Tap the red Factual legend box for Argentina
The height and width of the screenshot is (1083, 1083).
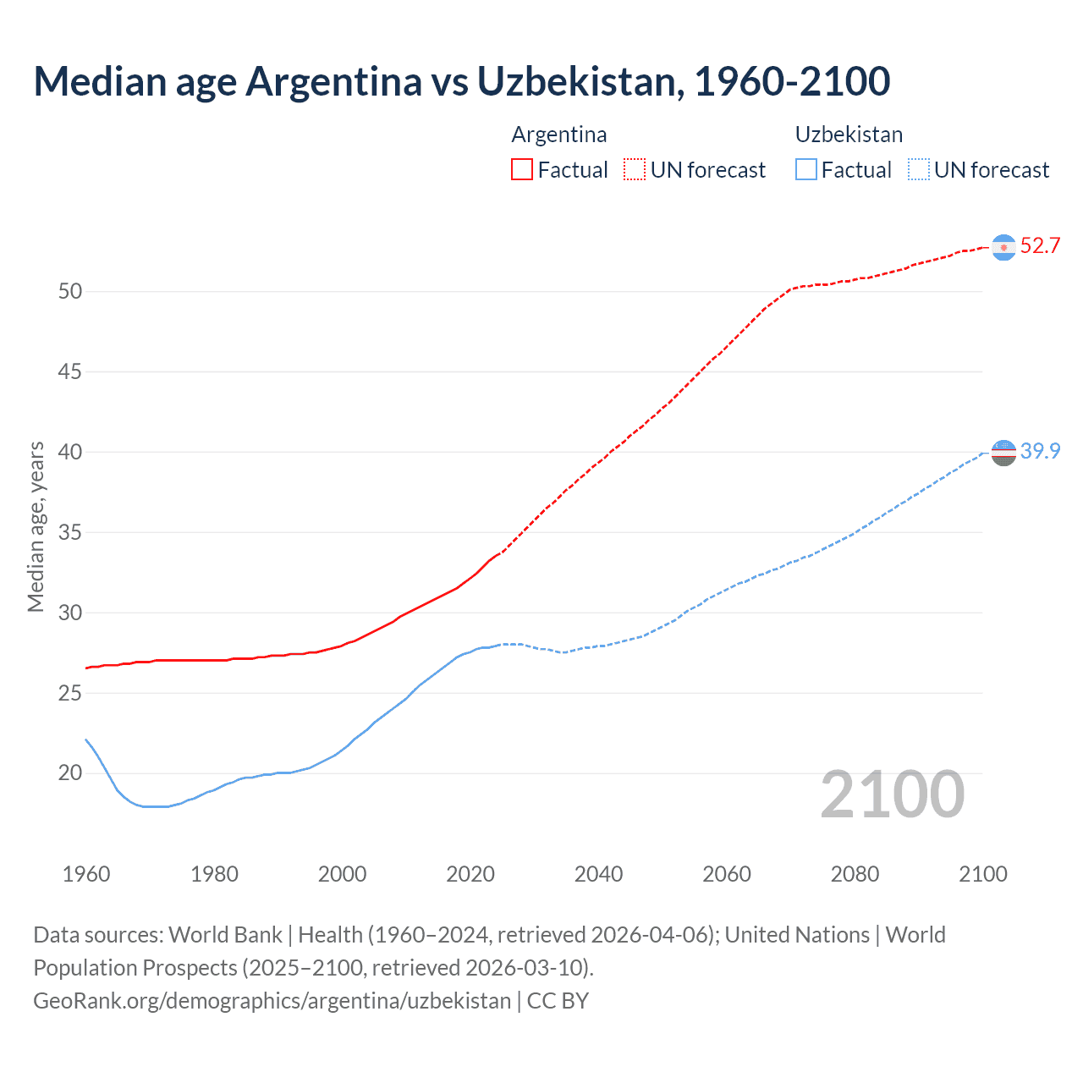tap(522, 169)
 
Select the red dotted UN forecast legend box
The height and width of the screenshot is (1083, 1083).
tap(635, 169)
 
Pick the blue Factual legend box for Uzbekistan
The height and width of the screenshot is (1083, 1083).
tap(805, 169)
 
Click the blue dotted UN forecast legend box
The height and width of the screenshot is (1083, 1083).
tap(918, 169)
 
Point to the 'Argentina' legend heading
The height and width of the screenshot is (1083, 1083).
tap(558, 135)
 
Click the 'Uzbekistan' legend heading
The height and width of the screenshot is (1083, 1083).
tap(849, 135)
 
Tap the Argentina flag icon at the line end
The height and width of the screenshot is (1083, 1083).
tap(1003, 247)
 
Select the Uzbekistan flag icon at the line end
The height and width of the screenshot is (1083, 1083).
tap(1003, 453)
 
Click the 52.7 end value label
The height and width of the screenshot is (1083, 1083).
tap(1040, 246)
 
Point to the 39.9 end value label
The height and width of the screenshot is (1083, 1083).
tap(1040, 452)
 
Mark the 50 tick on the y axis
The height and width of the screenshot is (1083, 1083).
tap(70, 291)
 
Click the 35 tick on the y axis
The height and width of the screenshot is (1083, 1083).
tap(70, 532)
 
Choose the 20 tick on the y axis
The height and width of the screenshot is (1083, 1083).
tap(70, 772)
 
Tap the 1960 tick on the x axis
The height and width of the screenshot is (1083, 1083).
tap(86, 874)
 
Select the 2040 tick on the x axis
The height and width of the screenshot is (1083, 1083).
tap(598, 874)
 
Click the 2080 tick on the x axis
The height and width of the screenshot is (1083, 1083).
tap(855, 874)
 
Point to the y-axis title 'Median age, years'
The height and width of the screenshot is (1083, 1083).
tap(36, 526)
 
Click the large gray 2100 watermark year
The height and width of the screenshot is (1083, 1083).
tap(892, 794)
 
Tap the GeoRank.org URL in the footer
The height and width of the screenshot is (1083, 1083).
tap(272, 1001)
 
